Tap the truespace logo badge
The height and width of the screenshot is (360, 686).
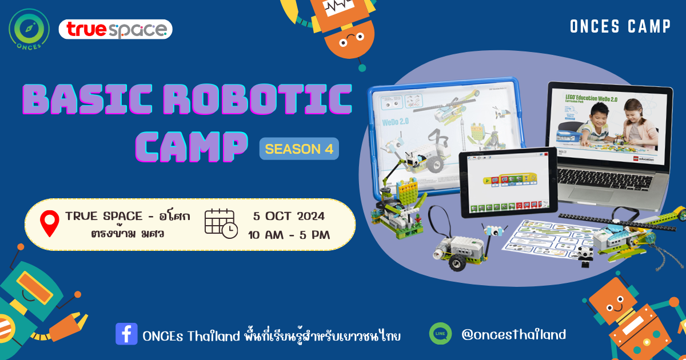(x=115, y=29)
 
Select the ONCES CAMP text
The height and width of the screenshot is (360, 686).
(x=620, y=27)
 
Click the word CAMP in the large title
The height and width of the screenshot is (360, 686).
(x=194, y=147)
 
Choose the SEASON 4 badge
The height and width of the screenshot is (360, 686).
(x=299, y=149)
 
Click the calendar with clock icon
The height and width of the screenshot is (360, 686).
(x=221, y=223)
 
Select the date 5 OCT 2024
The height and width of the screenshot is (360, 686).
(x=289, y=216)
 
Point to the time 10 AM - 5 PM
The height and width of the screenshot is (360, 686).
(x=289, y=234)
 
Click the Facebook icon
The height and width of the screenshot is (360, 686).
(x=126, y=334)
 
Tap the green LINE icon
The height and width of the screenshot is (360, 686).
(x=440, y=334)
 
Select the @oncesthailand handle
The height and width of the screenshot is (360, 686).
(x=513, y=334)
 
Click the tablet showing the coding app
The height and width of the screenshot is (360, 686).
(x=508, y=181)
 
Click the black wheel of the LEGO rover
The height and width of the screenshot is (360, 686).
(x=456, y=262)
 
